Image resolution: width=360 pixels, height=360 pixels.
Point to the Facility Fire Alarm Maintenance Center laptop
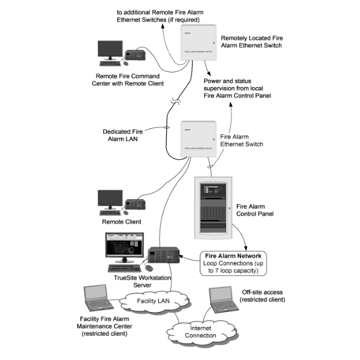coord(95,297)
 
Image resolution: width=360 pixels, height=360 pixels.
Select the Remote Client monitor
coord(110,200)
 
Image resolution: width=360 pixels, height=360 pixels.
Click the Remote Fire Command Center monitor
coord(110,51)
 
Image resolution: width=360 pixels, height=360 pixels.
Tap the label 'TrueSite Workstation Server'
coord(142,281)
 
